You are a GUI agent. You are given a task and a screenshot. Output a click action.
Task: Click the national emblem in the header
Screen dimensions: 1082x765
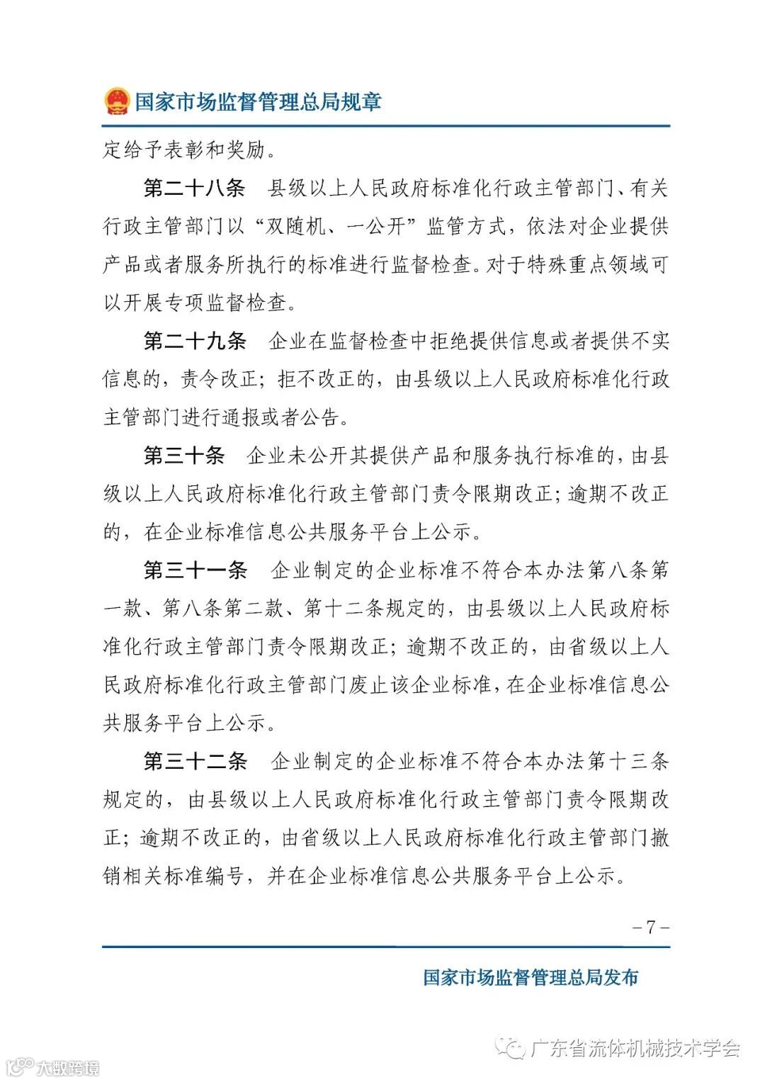coord(117,101)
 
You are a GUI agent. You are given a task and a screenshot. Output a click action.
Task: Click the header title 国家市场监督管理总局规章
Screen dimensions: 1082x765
coord(258,101)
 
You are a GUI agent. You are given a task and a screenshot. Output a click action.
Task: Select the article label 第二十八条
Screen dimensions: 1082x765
coord(194,188)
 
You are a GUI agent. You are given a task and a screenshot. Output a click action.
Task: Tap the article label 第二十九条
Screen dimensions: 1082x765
coord(194,342)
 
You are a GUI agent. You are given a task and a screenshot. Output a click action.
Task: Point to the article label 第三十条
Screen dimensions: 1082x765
coord(184,456)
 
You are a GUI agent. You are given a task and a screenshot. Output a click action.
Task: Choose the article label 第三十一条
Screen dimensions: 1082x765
coord(194,570)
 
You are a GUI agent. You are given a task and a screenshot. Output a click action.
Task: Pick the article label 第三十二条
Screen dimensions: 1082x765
coord(194,762)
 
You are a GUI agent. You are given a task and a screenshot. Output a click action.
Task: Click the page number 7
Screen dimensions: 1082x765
coord(650,927)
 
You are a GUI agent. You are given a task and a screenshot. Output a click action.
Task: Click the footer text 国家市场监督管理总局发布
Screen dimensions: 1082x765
coord(531,978)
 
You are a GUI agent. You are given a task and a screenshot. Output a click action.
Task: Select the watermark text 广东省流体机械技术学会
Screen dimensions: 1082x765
coord(635,1047)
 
